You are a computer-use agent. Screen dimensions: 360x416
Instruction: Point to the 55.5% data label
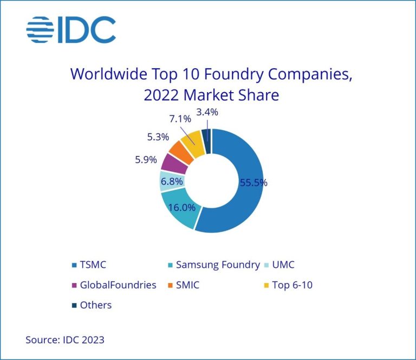(253, 183)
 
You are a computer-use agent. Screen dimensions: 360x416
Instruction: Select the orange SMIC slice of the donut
(181, 151)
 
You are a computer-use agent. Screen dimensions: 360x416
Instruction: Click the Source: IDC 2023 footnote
(65, 340)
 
